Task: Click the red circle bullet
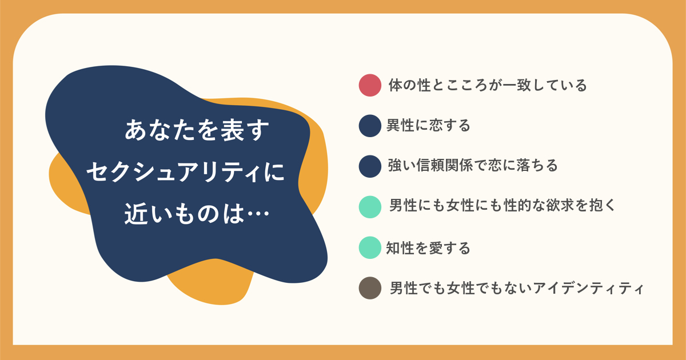pyautogui.click(x=370, y=85)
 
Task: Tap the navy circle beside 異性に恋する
pyautogui.click(x=370, y=126)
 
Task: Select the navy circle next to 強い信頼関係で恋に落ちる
pyautogui.click(x=370, y=166)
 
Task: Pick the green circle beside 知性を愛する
pyautogui.click(x=370, y=247)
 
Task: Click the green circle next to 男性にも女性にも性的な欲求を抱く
pyautogui.click(x=370, y=207)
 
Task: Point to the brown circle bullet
pyautogui.click(x=370, y=288)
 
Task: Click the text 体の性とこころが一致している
pyautogui.click(x=488, y=85)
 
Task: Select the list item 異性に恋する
pyautogui.click(x=428, y=126)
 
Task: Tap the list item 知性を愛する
pyautogui.click(x=428, y=247)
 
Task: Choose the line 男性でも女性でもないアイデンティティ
pyautogui.click(x=517, y=288)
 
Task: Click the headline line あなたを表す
pyautogui.click(x=197, y=130)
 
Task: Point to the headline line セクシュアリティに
pyautogui.click(x=186, y=172)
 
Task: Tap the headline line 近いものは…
pyautogui.click(x=197, y=213)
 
